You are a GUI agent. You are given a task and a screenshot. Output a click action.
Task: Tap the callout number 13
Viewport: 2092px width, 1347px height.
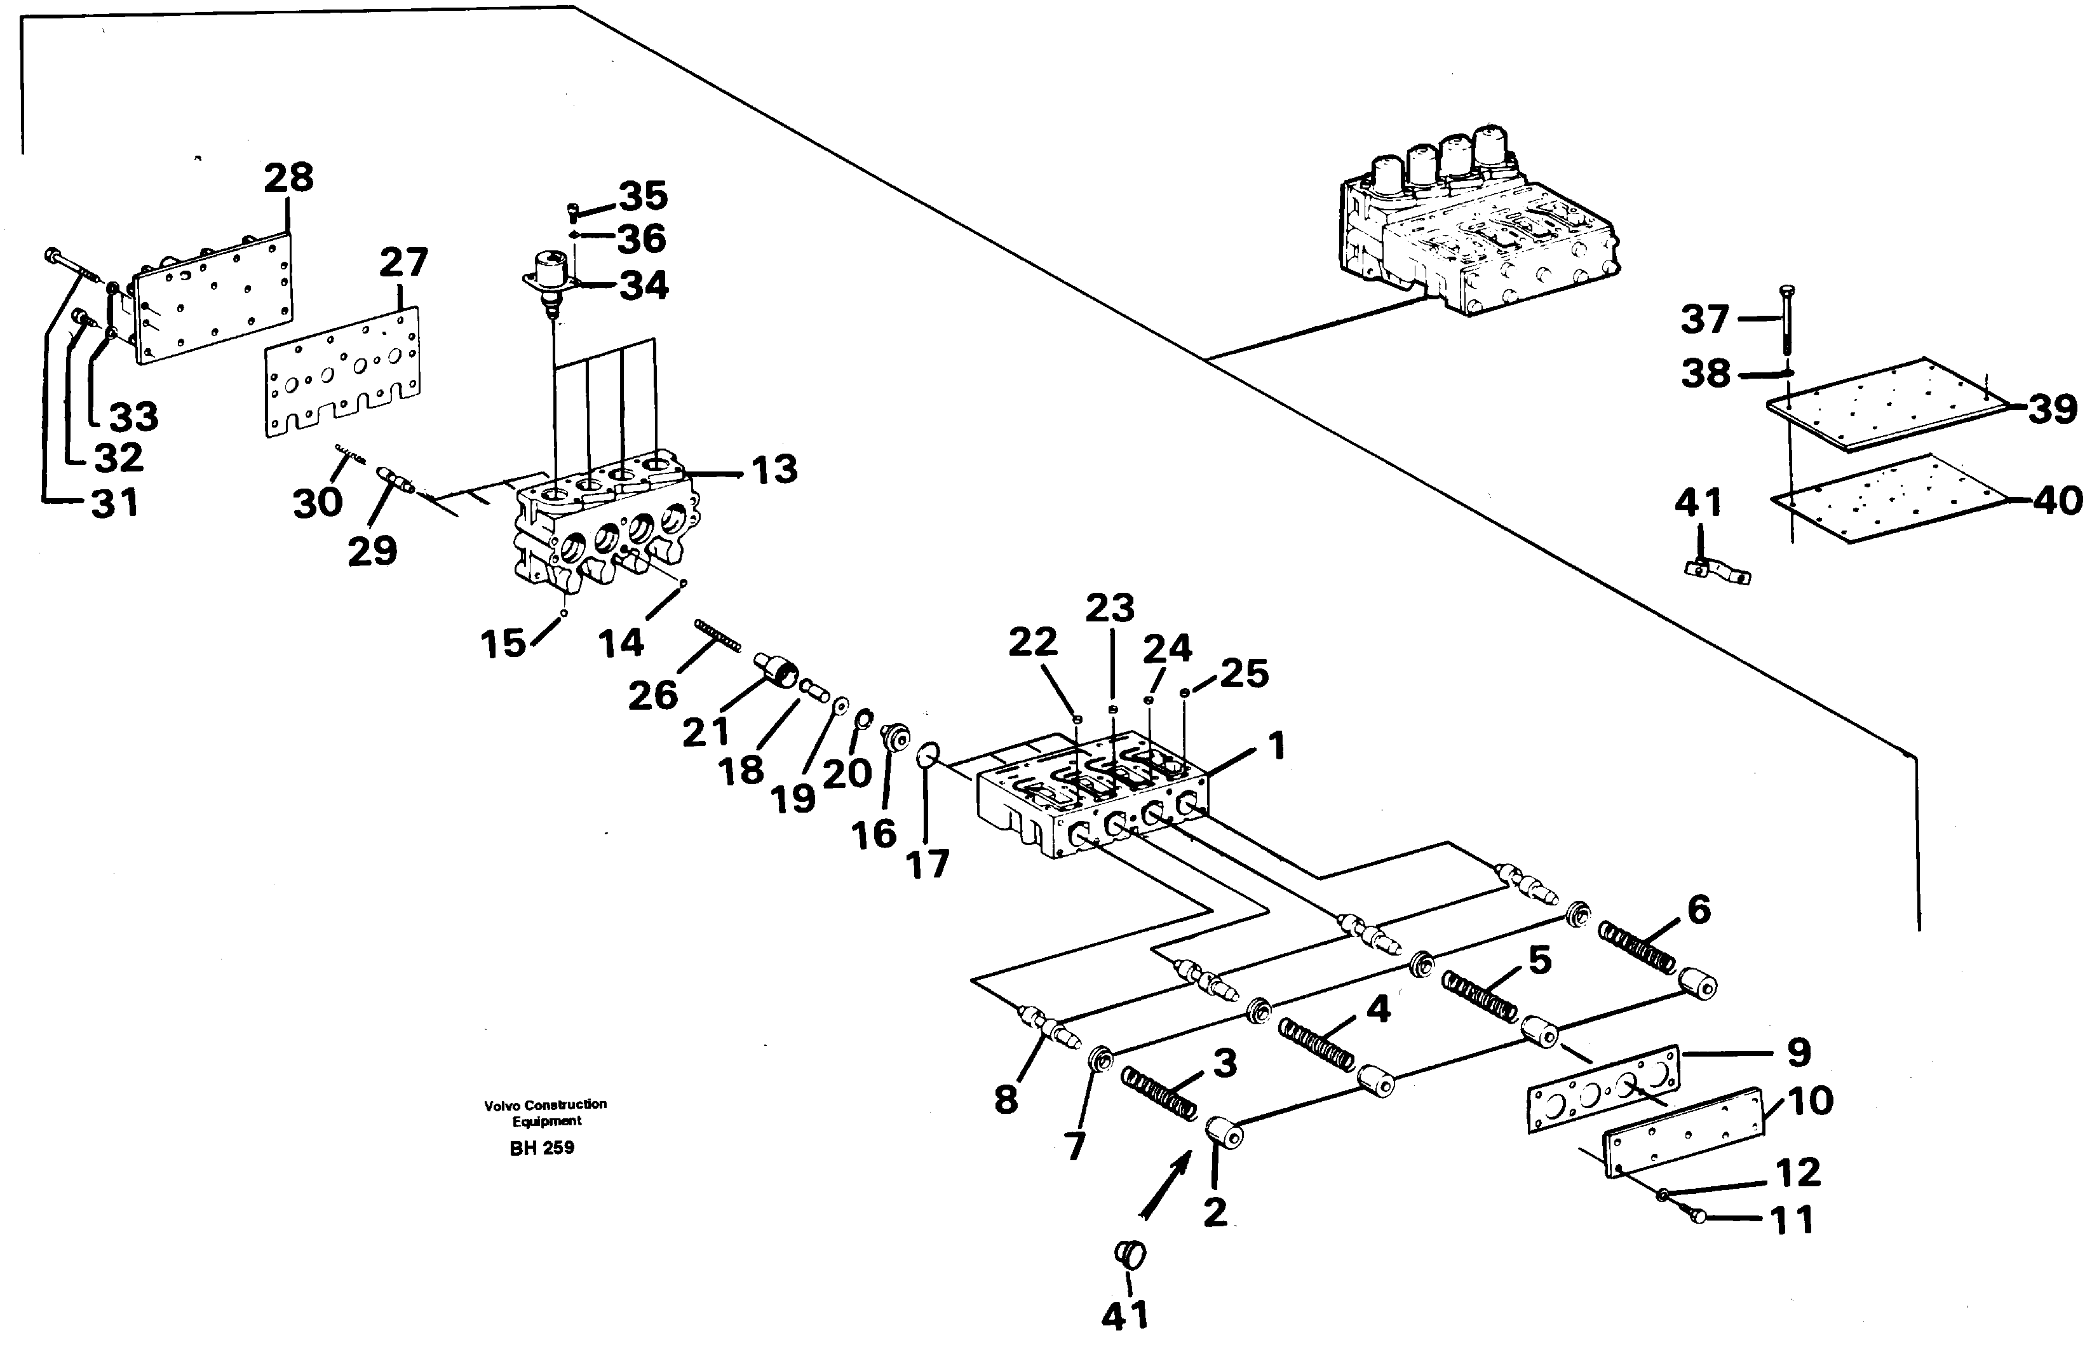coord(774,469)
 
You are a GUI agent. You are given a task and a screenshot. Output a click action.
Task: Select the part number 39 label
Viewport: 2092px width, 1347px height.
coord(2052,409)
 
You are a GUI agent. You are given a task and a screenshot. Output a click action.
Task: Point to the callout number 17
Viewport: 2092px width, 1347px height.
coord(927,864)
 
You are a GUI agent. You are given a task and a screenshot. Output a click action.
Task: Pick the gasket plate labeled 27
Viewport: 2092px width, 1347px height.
coord(342,372)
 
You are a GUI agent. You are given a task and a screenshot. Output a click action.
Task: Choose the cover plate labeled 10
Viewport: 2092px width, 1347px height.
coord(1683,1133)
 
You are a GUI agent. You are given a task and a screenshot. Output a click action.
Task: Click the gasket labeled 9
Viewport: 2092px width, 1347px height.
coord(1603,1088)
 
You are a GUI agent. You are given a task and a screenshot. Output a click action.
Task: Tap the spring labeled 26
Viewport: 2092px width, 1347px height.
coord(718,635)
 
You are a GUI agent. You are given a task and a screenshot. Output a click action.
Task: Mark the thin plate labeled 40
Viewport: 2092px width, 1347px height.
coord(1886,499)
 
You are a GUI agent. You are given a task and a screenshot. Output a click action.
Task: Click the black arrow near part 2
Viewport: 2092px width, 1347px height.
coord(1164,1184)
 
